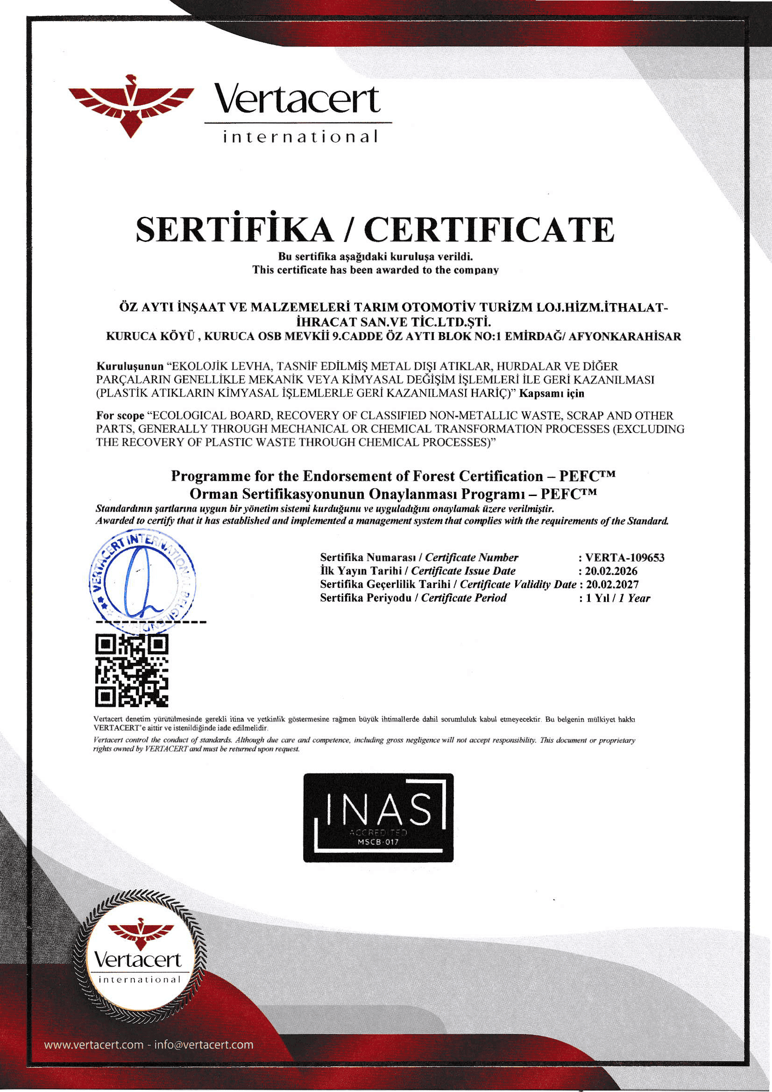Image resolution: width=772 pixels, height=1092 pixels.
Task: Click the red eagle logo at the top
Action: tap(131, 106)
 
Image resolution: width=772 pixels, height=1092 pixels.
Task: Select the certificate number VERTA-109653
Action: tap(624, 557)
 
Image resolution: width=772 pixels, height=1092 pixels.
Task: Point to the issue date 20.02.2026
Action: tap(611, 571)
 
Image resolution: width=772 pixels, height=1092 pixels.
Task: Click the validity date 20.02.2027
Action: tap(612, 584)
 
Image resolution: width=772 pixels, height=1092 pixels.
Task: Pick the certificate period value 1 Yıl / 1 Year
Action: tap(617, 598)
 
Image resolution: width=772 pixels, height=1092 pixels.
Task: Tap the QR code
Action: tap(132, 671)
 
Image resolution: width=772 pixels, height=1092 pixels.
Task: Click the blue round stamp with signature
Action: tap(142, 583)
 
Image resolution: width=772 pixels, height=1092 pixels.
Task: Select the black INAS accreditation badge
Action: tap(378, 817)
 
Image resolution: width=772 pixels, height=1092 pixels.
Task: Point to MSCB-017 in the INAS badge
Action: tap(378, 842)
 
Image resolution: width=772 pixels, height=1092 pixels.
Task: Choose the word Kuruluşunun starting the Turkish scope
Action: tap(130, 366)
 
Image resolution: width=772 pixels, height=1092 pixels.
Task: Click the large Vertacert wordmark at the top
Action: tap(297, 99)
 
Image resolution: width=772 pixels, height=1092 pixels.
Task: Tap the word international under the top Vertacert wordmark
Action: tap(301, 137)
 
